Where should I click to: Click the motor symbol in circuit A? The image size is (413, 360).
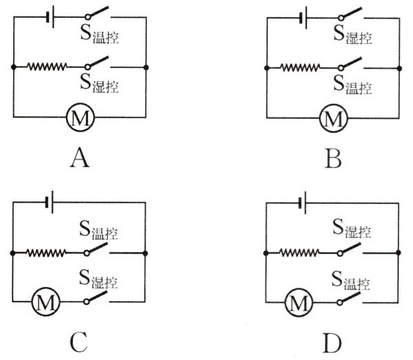[x=80, y=119]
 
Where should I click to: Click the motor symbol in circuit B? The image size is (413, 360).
[x=333, y=119]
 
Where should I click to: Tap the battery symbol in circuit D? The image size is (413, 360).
[x=302, y=202]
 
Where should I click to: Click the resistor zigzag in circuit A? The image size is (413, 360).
[x=47, y=67]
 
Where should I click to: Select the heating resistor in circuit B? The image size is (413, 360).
[x=300, y=67]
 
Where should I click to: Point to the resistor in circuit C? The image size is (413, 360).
[x=47, y=253]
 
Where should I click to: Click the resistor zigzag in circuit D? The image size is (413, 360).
[x=300, y=253]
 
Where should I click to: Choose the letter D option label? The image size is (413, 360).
[x=334, y=342]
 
